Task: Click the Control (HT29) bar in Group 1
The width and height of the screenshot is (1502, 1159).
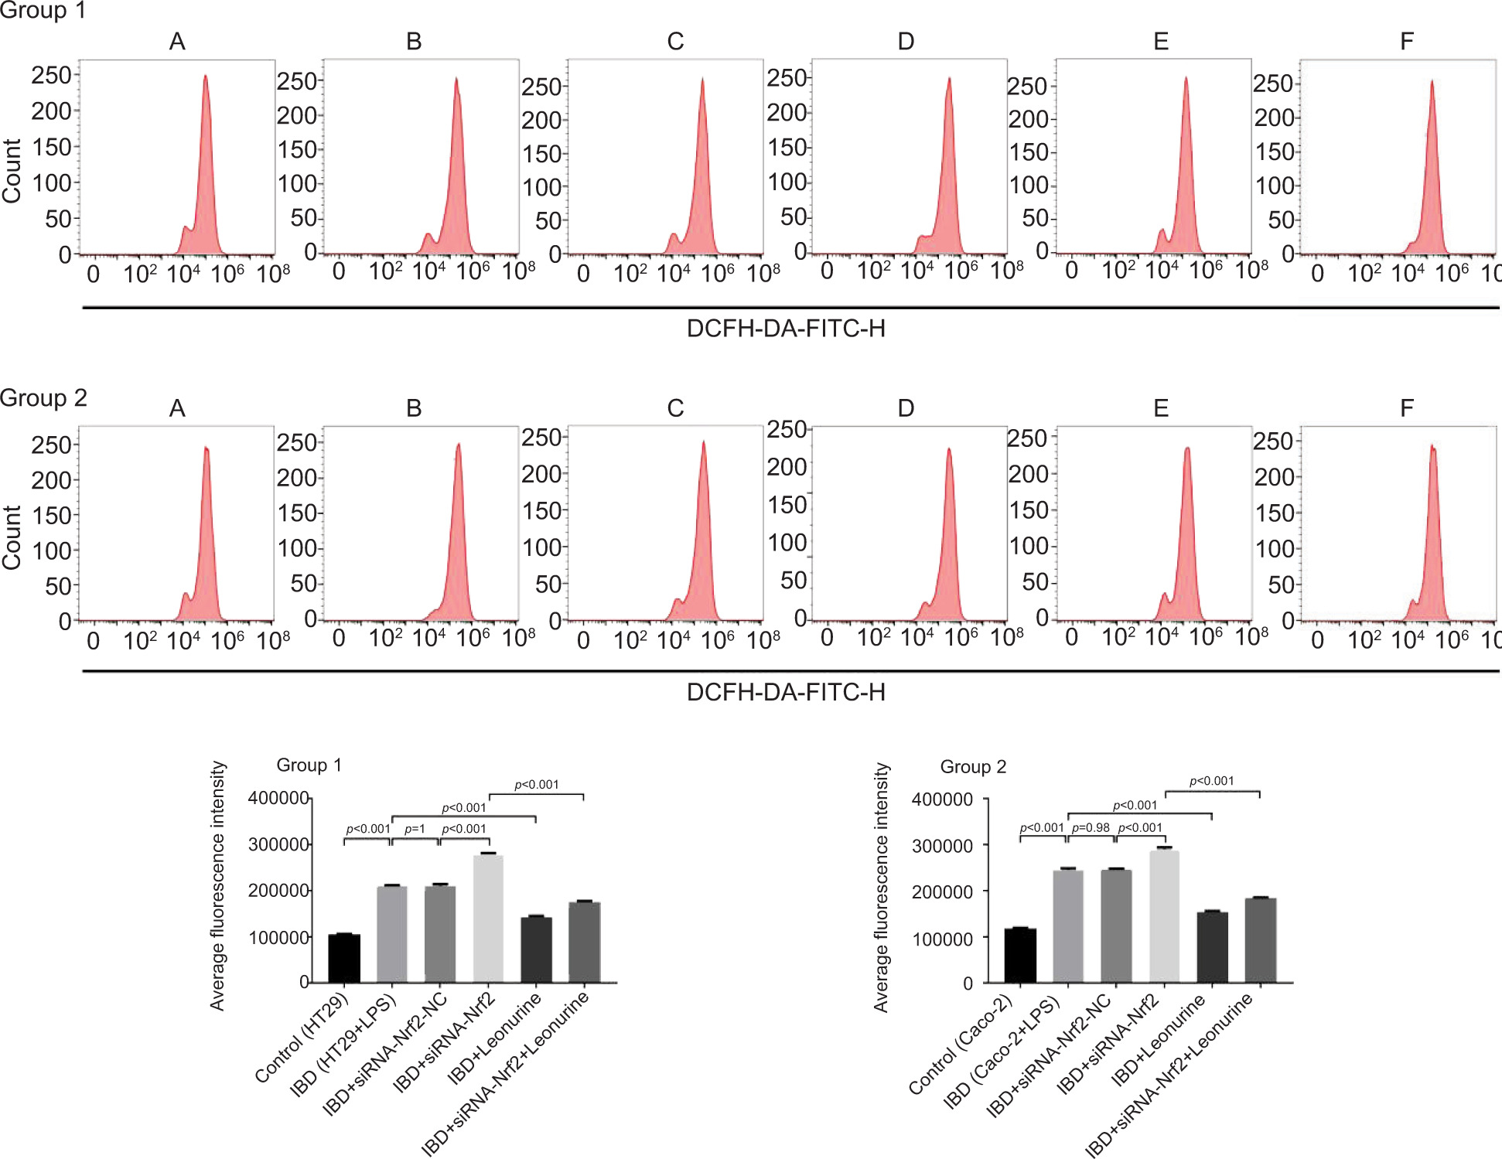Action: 344,958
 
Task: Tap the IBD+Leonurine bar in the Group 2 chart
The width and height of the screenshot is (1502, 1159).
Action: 1212,947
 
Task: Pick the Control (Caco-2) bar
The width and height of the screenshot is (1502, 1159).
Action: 1020,955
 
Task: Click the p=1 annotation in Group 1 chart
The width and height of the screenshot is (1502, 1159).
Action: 415,829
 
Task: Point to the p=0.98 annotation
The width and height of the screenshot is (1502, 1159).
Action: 1091,827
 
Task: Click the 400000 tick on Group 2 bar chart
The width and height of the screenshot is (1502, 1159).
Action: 942,799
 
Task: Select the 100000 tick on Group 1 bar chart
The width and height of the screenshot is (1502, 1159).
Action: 278,938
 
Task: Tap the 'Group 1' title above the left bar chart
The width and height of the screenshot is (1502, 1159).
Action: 309,765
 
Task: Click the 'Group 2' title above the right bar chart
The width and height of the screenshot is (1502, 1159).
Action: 973,766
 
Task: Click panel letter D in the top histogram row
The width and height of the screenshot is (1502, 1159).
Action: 906,42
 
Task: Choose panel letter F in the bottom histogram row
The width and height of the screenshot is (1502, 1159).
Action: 1406,408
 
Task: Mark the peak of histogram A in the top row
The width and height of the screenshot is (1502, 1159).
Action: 206,77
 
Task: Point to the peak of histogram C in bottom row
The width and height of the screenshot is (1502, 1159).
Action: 703,443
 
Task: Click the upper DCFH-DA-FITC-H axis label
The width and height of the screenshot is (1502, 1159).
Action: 786,329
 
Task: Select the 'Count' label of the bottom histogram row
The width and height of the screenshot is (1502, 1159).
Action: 12,538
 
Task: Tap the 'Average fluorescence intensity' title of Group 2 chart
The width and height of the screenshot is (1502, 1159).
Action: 881,888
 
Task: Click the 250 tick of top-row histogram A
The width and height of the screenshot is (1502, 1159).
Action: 51,75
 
